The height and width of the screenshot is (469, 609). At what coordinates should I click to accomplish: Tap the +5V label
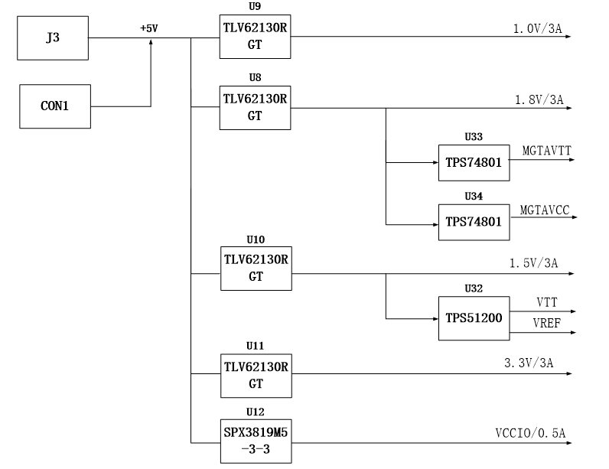click(x=149, y=28)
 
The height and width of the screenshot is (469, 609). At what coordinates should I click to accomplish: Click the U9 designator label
click(x=255, y=7)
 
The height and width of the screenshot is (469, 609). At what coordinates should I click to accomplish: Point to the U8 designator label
click(x=255, y=77)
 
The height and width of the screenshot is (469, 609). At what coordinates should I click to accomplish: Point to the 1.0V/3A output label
click(x=538, y=29)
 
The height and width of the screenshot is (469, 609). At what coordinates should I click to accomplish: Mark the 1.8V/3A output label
click(x=539, y=100)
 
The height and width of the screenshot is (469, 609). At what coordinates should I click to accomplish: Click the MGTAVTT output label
click(x=547, y=151)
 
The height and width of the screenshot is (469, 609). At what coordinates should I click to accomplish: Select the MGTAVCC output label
click(x=545, y=210)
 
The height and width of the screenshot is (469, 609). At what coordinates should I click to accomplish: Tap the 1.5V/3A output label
click(x=534, y=263)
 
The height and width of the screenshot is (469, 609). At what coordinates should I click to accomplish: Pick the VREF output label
click(x=547, y=323)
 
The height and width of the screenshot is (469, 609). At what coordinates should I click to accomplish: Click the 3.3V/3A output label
click(x=529, y=363)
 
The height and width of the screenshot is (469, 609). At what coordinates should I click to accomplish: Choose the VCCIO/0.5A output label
click(x=530, y=433)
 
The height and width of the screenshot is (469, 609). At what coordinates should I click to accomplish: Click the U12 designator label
click(x=256, y=412)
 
